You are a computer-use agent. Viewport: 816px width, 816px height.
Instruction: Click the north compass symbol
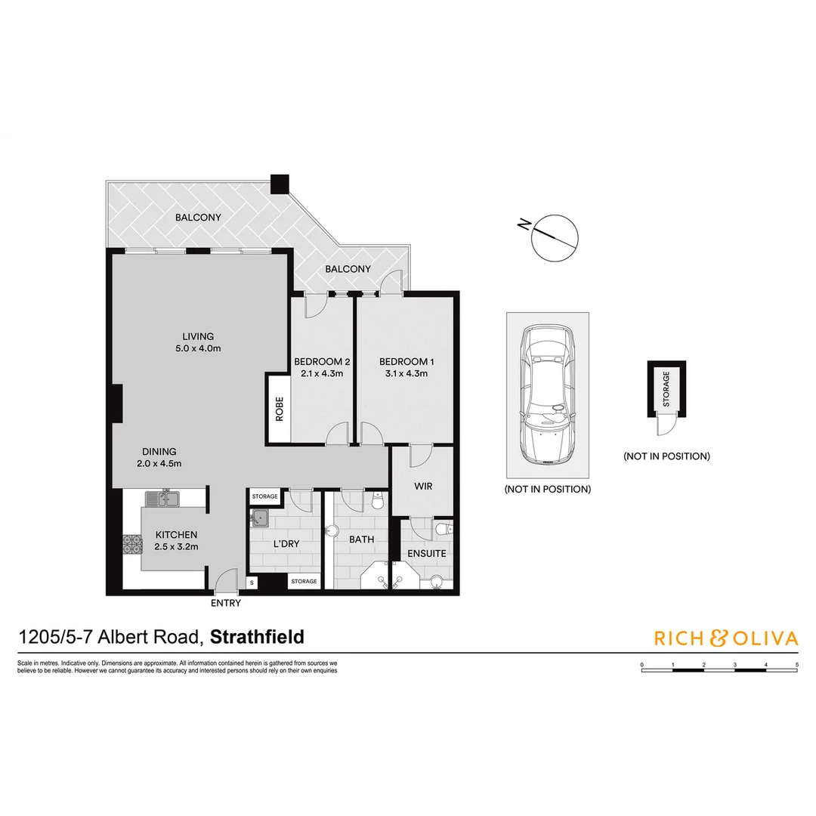click(554, 238)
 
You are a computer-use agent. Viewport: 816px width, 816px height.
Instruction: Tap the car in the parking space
click(548, 394)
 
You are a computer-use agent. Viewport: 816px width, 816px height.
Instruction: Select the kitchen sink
click(162, 499)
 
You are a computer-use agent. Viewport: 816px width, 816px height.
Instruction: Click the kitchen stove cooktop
click(132, 545)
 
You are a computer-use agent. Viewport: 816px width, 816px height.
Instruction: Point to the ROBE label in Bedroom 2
click(280, 409)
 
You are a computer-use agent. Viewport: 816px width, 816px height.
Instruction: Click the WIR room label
click(423, 486)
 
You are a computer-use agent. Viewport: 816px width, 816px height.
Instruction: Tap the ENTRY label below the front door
click(226, 603)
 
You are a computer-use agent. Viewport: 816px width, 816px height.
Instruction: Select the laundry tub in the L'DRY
click(259, 518)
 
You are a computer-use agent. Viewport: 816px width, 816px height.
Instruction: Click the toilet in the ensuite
click(445, 529)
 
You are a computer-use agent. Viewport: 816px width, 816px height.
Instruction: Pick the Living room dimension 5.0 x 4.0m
click(198, 348)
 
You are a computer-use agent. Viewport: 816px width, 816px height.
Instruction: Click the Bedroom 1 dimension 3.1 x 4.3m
click(406, 374)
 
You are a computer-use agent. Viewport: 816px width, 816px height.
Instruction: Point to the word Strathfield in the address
click(257, 637)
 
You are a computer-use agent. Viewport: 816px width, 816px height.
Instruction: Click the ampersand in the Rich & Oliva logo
click(719, 638)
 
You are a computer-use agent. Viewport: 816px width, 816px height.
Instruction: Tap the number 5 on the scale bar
click(797, 665)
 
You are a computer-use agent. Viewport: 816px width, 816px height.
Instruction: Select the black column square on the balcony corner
click(280, 184)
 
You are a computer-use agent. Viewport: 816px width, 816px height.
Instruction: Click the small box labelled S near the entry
click(252, 583)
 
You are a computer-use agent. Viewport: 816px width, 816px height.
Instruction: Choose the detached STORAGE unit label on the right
click(666, 389)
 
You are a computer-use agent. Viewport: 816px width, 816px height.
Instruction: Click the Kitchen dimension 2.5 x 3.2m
click(176, 547)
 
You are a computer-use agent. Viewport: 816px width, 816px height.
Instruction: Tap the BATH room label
click(362, 539)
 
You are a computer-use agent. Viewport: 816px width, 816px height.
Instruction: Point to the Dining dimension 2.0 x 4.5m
click(159, 464)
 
